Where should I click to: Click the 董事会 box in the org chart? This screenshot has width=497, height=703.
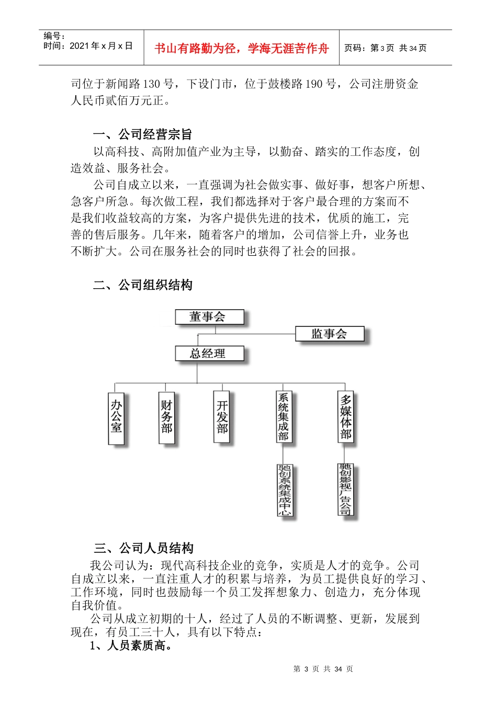tap(209, 317)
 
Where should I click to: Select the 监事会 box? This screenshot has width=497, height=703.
tap(329, 334)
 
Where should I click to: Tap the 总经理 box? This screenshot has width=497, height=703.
tap(209, 354)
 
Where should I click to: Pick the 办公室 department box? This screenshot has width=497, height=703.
tap(116, 417)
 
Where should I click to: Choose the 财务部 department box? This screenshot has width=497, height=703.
tap(166, 417)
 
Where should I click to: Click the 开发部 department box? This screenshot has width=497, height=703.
tap(222, 417)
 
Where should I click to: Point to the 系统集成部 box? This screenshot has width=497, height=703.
tap(284, 417)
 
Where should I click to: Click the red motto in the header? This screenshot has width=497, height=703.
tap(241, 49)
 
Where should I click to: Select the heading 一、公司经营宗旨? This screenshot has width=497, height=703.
tap(143, 134)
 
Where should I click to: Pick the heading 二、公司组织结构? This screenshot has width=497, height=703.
tap(143, 285)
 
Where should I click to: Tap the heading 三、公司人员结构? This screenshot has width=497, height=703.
tap(144, 548)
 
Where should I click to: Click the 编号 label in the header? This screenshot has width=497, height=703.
tap(54, 36)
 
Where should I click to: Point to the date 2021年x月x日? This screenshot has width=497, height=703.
tap(101, 46)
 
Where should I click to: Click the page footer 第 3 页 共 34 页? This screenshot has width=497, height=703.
tap(323, 669)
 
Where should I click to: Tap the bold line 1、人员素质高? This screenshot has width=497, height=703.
tap(131, 646)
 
